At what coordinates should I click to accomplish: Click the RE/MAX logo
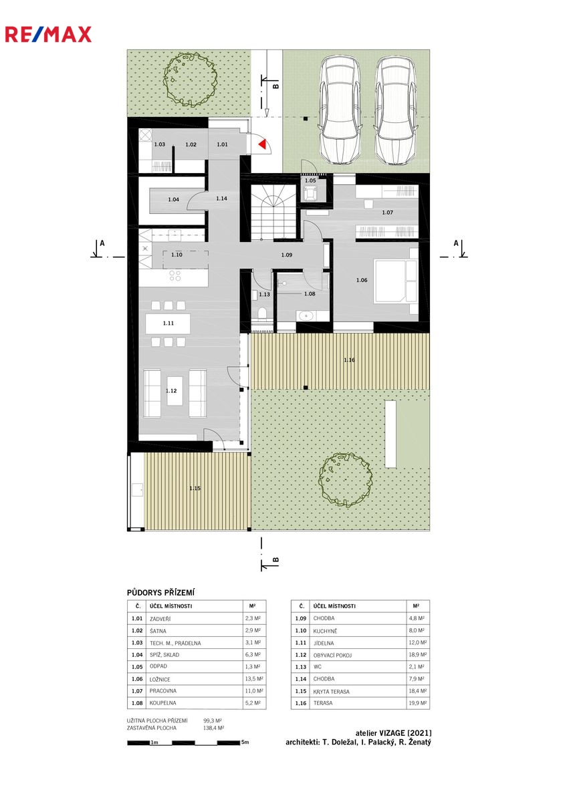point(48,34)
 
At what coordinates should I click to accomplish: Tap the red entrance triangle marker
point(263,144)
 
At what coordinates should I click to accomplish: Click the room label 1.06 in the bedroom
point(362,280)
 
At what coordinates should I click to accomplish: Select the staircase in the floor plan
point(273,213)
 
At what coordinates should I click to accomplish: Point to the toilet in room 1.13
point(262,313)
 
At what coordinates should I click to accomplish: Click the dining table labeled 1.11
point(168,323)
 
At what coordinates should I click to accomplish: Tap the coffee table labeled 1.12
point(175,390)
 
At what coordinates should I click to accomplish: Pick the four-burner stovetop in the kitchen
point(175,275)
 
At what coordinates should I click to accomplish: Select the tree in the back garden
point(345,479)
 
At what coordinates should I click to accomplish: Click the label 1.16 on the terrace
point(349,360)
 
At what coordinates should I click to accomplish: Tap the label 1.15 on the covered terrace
point(195,489)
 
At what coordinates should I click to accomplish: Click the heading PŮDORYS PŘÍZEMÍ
point(160,593)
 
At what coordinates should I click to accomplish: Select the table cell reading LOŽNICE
point(160,679)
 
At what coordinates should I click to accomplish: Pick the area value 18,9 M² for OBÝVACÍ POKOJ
point(418,654)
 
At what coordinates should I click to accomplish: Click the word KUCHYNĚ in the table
point(325,630)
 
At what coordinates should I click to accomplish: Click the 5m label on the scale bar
point(245,743)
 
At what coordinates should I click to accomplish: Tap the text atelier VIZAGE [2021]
point(393,733)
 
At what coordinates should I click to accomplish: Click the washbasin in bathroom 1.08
point(306,315)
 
